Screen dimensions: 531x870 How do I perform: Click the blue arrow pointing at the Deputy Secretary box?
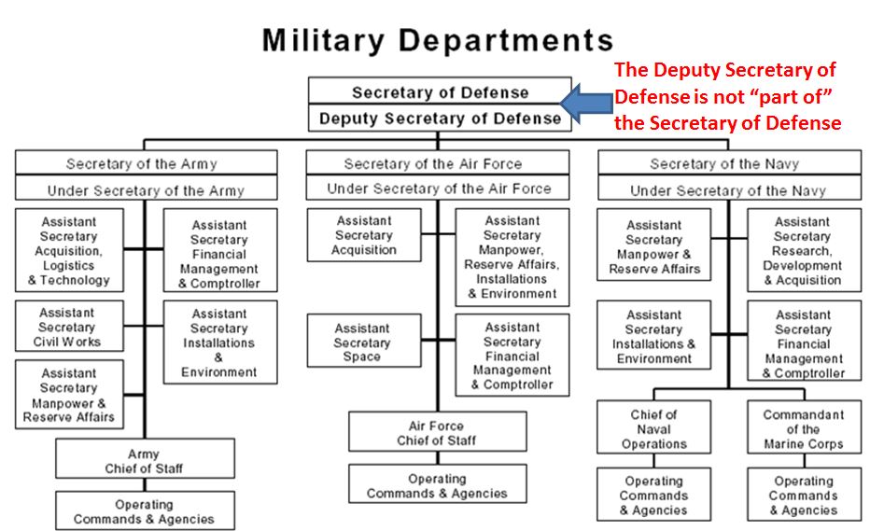click(x=584, y=104)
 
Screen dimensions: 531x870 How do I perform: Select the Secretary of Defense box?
click(x=440, y=92)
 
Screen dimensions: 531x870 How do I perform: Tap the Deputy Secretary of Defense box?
click(x=440, y=119)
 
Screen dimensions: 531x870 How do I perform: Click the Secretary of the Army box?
click(x=142, y=164)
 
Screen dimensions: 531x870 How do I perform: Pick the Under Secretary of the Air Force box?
click(x=439, y=189)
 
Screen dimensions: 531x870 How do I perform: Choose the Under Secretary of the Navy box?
click(x=727, y=190)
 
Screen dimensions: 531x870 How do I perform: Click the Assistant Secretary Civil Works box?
click(x=68, y=328)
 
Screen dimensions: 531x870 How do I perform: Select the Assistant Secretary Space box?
click(x=362, y=342)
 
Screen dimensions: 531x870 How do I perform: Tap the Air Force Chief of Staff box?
click(x=436, y=433)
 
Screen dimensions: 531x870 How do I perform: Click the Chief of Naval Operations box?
click(x=653, y=429)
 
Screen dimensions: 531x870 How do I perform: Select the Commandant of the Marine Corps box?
click(x=803, y=429)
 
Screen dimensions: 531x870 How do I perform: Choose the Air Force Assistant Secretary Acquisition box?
click(x=363, y=236)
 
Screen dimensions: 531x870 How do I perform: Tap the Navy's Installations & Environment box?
click(x=653, y=336)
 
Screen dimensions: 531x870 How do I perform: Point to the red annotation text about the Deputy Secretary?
click(x=727, y=97)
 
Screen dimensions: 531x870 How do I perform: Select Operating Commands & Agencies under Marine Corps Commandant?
click(x=803, y=496)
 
